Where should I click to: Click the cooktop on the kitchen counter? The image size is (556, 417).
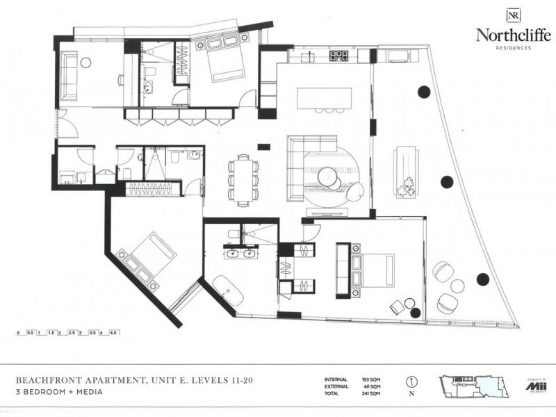click(338, 54)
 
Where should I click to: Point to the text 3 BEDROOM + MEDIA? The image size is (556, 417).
click(59, 393)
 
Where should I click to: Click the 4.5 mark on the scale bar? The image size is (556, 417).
click(114, 333)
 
